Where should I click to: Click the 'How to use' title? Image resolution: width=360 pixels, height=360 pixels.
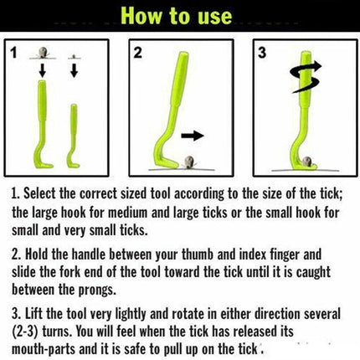tap(177, 16)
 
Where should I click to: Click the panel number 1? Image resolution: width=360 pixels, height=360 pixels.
tap(13, 53)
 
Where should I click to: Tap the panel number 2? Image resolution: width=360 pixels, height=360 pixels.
tap(137, 53)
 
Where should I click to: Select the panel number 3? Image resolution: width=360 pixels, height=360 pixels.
tap(262, 53)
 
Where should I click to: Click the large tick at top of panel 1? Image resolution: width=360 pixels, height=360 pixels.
tap(43, 53)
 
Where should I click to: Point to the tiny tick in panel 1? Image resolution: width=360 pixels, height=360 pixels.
tap(74, 57)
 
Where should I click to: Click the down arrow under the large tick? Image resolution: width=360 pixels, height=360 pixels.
tap(43, 70)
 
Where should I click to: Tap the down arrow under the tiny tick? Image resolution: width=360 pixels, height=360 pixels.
tap(75, 70)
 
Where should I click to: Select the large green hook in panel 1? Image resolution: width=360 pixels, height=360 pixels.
tap(42, 123)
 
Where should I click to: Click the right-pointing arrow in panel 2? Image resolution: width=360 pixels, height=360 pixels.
tap(193, 136)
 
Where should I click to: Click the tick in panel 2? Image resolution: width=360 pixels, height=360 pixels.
tap(189, 162)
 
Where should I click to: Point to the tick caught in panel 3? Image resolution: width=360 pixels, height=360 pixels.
tap(307, 162)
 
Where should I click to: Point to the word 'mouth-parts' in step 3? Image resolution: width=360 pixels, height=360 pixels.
tap(44, 349)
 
